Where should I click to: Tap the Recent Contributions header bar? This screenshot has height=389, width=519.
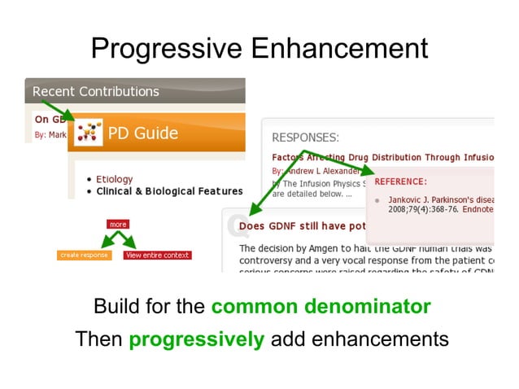96,91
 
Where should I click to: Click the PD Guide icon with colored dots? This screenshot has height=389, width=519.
88,133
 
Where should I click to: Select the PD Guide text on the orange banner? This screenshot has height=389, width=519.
143,133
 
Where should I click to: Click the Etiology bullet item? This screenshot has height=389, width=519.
114,179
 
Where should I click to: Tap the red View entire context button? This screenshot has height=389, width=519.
157,255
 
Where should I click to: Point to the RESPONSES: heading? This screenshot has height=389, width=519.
305,138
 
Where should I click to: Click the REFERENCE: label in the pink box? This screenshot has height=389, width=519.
400,181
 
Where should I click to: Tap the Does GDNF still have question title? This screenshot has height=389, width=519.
309,225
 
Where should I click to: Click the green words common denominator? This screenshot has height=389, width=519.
321,307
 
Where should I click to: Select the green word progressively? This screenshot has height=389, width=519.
196,339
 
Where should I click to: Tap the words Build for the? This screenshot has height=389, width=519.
150,307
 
